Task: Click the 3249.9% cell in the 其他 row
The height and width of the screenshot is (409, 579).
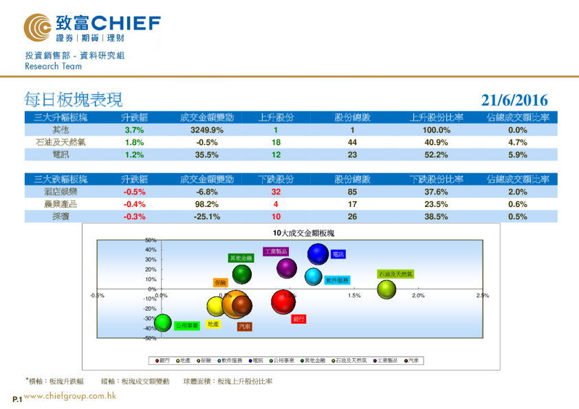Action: point(206,130)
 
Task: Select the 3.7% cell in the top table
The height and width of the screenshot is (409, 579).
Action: point(133,130)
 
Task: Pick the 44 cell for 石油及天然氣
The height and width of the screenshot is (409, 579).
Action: point(352,142)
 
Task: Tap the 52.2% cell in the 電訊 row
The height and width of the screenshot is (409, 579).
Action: point(435,155)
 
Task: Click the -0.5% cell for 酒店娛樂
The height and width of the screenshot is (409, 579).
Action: point(133,192)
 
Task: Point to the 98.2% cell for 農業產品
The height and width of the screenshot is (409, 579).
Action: point(206,204)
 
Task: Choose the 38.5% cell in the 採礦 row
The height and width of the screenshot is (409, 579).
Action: point(435,217)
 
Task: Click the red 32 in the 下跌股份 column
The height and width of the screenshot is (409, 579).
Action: point(276,192)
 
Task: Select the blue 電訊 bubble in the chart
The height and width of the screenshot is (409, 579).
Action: point(318,254)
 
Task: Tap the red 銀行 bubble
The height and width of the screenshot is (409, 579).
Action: point(283,301)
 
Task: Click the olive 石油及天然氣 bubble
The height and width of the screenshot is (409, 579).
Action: point(387,289)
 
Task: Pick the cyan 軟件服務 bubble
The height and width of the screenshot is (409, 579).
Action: point(314,276)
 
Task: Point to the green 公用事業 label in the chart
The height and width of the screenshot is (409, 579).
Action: point(186,326)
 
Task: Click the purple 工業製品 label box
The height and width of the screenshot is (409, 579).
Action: point(276,252)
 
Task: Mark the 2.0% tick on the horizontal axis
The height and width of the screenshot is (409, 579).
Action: point(417,296)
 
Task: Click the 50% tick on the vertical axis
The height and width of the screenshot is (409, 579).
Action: point(151,240)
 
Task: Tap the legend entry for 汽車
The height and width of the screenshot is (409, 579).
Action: point(414,360)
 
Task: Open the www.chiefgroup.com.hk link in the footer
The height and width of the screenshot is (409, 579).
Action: point(69,396)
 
